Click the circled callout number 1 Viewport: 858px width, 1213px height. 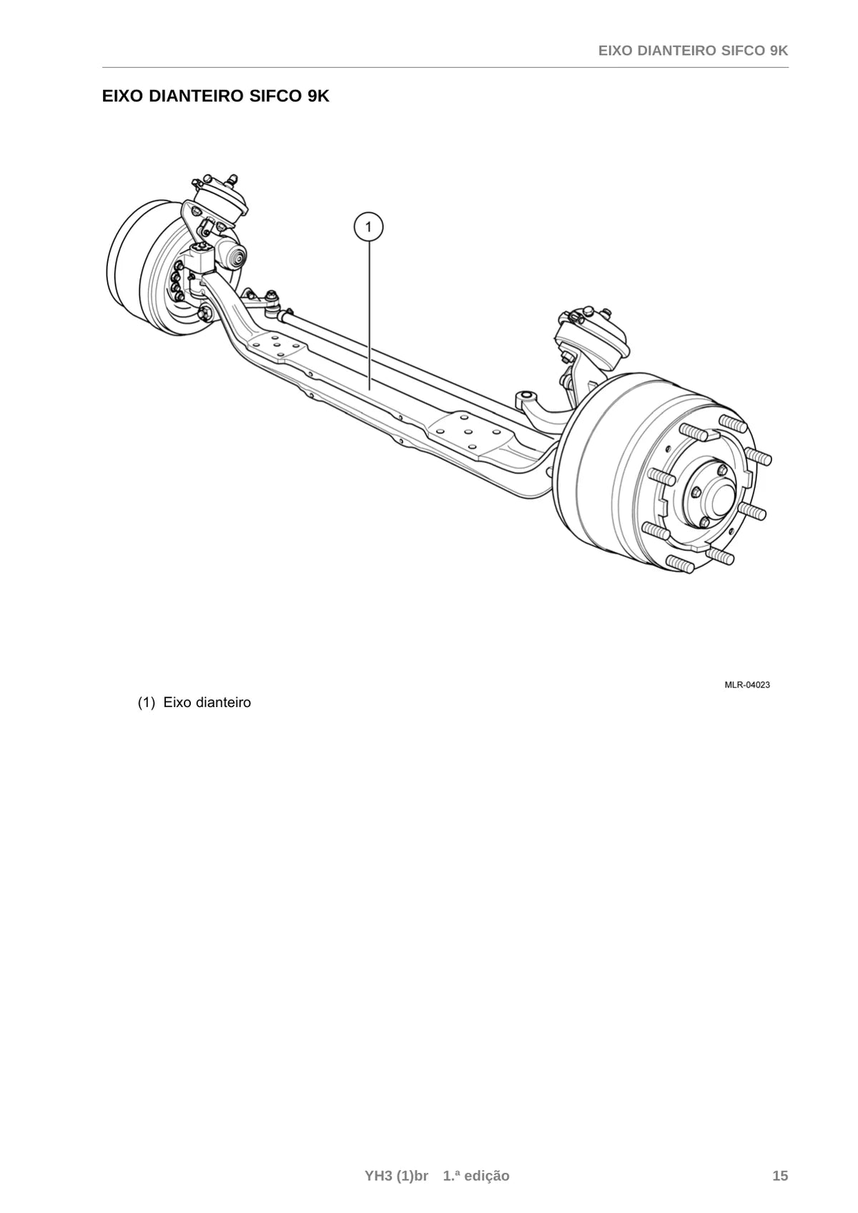point(368,227)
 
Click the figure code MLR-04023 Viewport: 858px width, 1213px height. point(747,685)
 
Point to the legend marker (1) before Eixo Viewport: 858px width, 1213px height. point(147,703)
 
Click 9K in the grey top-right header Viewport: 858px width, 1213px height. point(779,51)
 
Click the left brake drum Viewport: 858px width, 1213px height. point(142,261)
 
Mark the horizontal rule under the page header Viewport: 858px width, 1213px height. point(445,68)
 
